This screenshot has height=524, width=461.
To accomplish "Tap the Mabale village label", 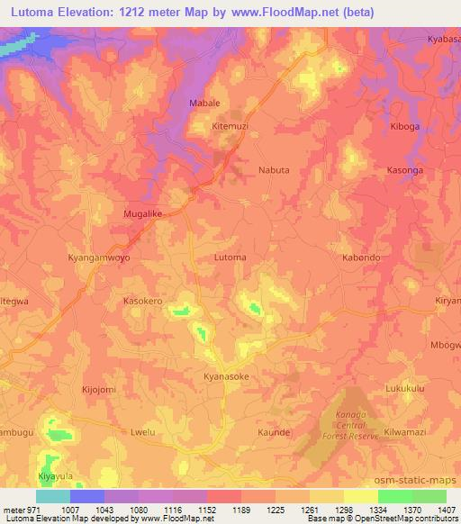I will point(204,104).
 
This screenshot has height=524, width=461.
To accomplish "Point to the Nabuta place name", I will point(274,169).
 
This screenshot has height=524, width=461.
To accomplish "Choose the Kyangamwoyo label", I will point(99,257).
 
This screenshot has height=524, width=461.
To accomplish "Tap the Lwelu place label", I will point(145,432).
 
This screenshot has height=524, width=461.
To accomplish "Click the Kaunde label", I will point(274,432).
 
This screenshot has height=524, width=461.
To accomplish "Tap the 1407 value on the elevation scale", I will point(447,510).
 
